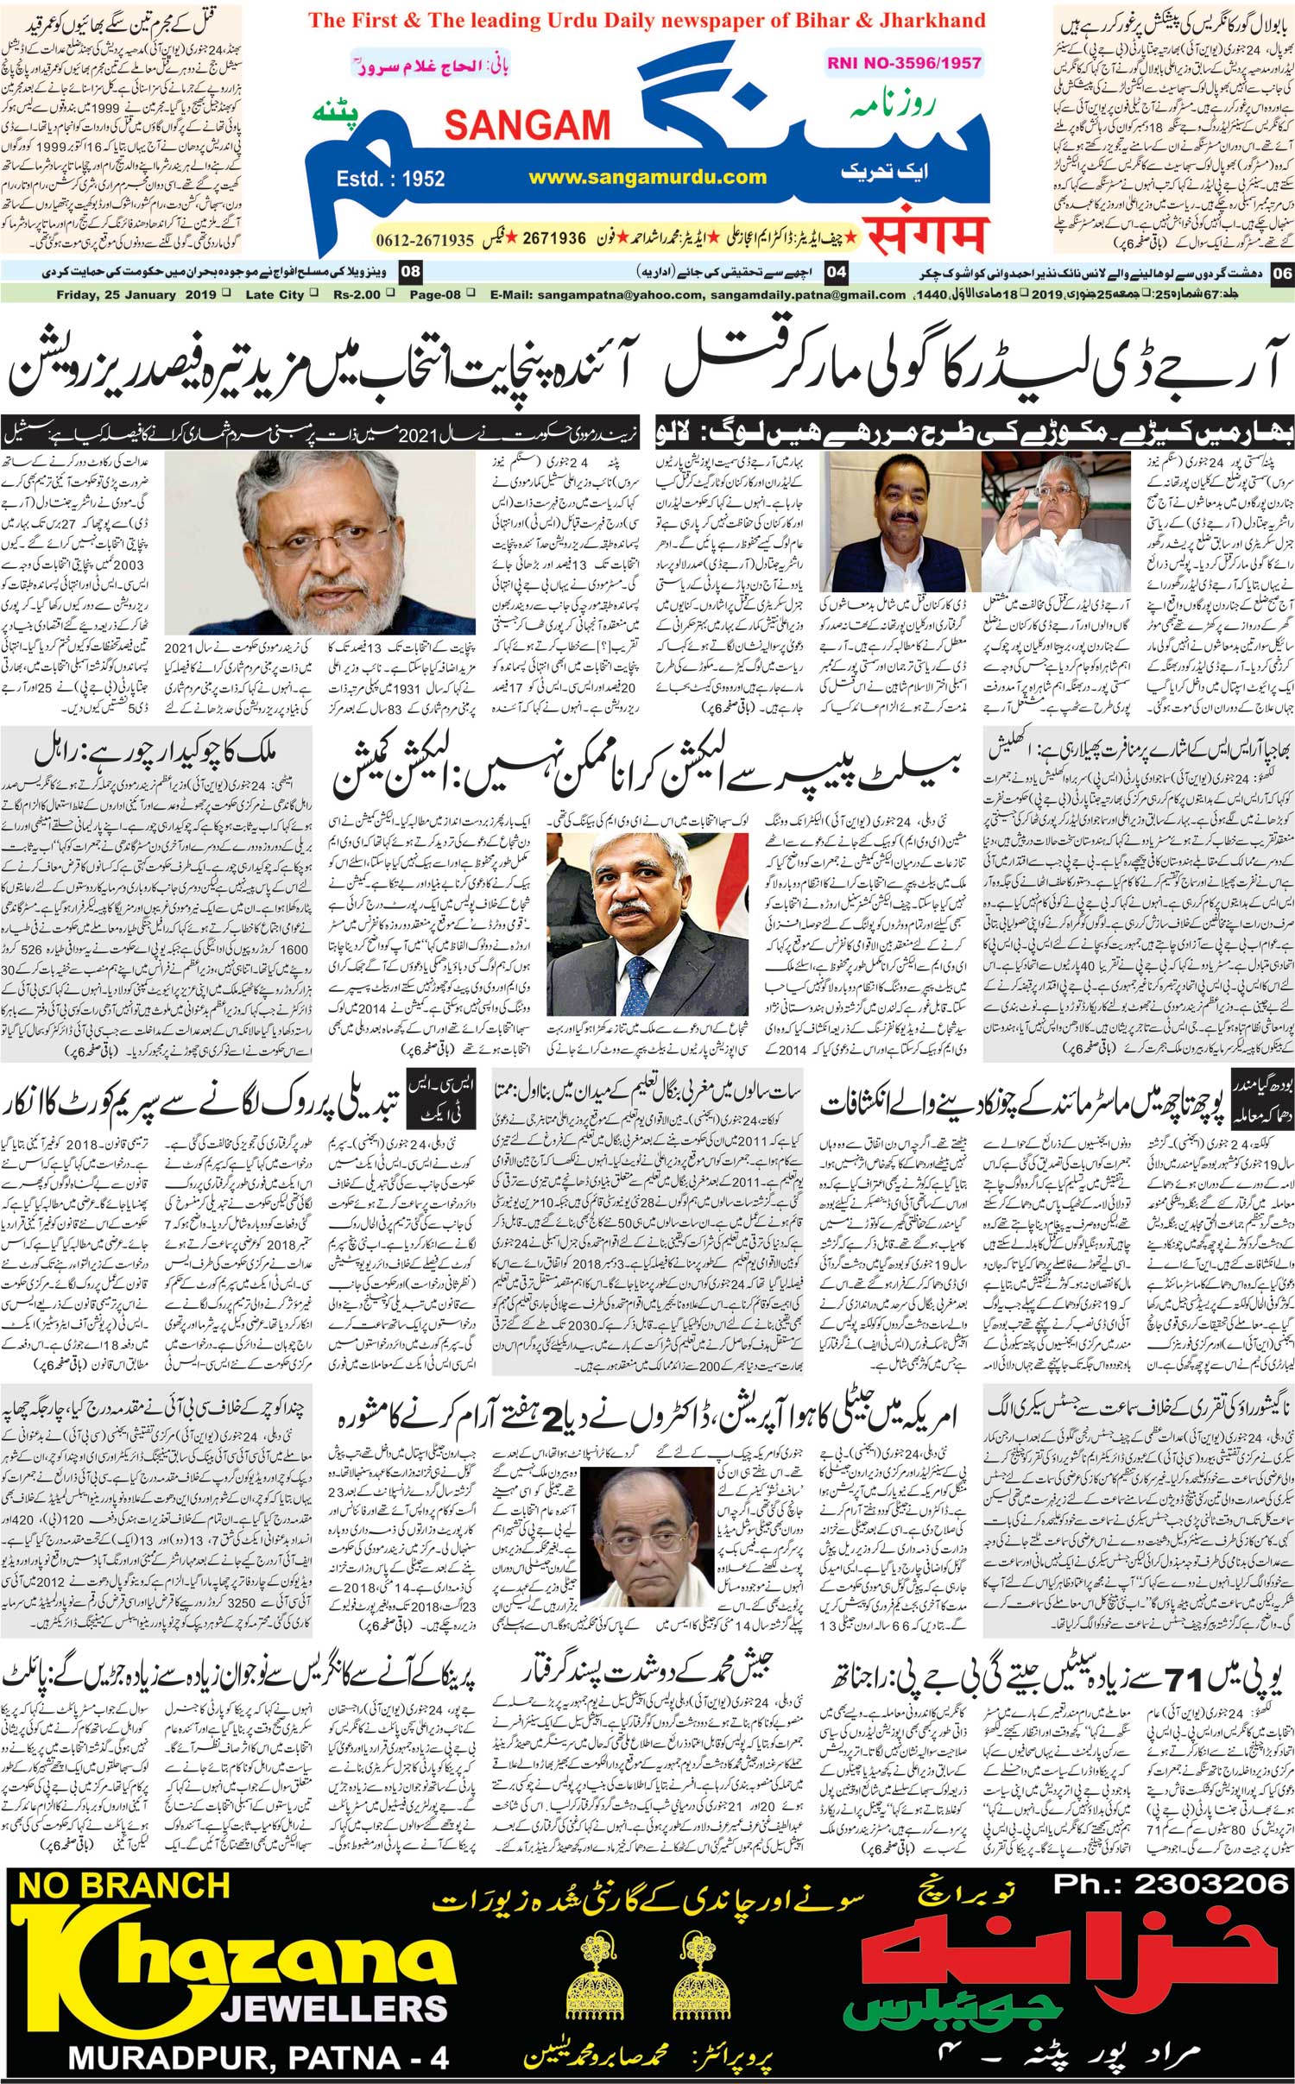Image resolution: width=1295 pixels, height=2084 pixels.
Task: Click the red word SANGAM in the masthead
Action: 527,125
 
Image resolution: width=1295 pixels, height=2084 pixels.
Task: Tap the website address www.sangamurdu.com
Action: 647,177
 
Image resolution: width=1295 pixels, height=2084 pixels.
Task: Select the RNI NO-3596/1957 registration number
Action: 903,62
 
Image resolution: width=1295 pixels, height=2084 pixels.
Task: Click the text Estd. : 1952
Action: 391,179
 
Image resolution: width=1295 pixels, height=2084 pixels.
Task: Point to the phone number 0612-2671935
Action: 426,239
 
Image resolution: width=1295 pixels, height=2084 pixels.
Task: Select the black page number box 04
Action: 837,273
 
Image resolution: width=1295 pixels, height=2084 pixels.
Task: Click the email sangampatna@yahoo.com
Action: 617,294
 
